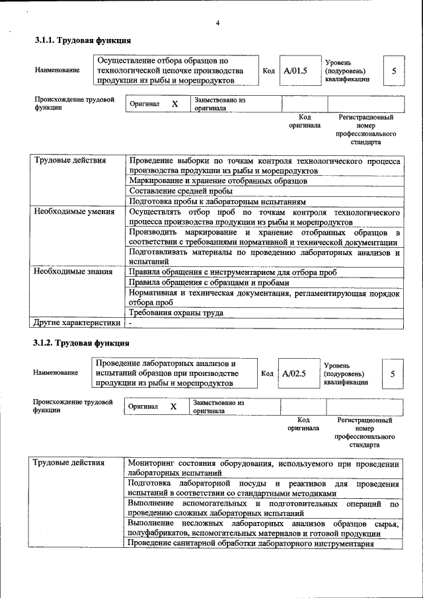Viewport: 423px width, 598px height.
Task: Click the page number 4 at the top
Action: click(217, 24)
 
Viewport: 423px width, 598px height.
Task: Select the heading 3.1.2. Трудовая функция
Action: click(81, 343)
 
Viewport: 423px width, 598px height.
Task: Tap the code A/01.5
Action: click(295, 71)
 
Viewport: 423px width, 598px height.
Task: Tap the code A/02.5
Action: click(294, 373)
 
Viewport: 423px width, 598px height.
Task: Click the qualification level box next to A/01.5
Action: click(394, 71)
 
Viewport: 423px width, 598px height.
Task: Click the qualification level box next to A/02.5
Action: click(393, 373)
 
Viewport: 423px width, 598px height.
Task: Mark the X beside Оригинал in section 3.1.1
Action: click(175, 104)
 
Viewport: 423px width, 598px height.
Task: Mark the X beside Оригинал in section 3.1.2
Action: click(174, 407)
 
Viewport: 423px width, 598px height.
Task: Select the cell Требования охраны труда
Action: click(176, 313)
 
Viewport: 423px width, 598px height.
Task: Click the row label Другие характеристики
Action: click(77, 323)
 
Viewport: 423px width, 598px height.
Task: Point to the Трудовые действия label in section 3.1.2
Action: click(69, 463)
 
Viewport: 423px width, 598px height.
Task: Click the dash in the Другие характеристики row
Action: click(131, 323)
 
